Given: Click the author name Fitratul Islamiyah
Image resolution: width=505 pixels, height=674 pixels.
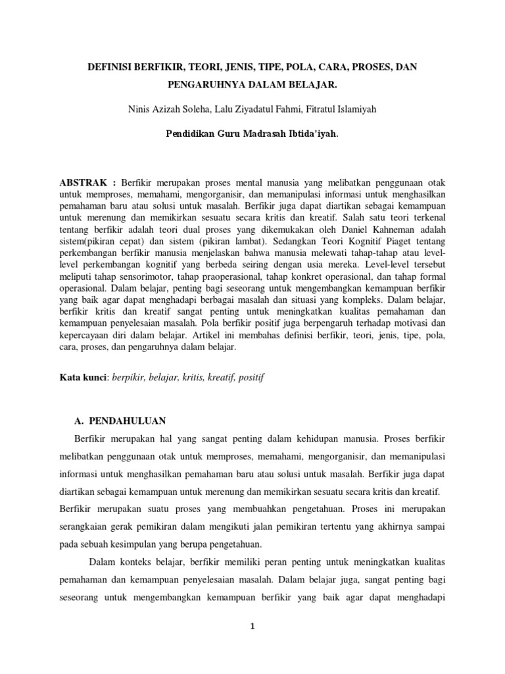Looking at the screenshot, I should [x=339, y=109].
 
